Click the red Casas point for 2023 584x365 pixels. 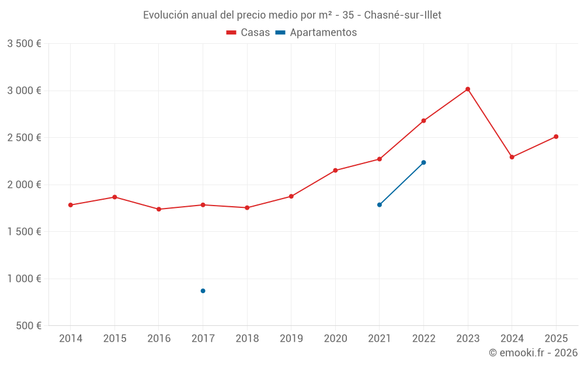[468, 89]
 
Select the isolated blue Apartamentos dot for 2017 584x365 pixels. [203, 291]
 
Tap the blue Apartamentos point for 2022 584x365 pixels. [423, 162]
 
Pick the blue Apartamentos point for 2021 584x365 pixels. [380, 205]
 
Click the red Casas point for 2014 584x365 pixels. [71, 205]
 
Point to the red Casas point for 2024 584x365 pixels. [512, 157]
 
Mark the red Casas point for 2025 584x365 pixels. [556, 137]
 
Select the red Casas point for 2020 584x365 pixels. [335, 171]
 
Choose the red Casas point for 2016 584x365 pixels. [159, 209]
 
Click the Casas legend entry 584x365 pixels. [248, 33]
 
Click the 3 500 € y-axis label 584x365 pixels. [24, 44]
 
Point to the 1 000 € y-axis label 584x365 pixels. [24, 279]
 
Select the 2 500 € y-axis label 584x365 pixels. [24, 138]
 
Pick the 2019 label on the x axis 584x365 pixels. [291, 339]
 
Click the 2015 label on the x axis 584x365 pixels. [114, 339]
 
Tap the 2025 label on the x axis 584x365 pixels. [556, 339]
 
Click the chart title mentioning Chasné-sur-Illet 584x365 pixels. [292, 15]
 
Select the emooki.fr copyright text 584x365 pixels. [533, 353]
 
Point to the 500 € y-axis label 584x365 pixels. [29, 326]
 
